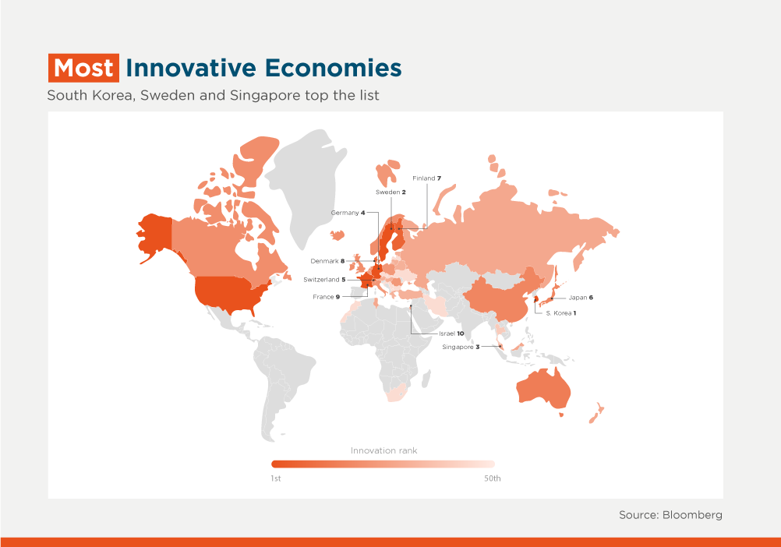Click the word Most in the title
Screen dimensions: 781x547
(x=83, y=68)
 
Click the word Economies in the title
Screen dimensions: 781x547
(x=333, y=68)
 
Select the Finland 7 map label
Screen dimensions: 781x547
(x=426, y=178)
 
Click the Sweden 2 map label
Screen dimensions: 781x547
(x=390, y=192)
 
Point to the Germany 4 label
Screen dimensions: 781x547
(x=348, y=213)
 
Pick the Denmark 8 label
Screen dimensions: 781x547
(x=327, y=261)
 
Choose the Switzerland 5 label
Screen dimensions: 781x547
(x=324, y=280)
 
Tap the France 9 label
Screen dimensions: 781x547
(x=327, y=297)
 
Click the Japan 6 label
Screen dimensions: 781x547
(x=581, y=298)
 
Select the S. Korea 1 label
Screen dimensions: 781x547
(x=561, y=313)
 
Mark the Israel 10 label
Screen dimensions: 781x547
(x=451, y=333)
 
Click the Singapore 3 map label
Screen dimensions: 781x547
(x=461, y=347)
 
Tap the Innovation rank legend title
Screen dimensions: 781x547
(x=384, y=450)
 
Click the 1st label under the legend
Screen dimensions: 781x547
(x=276, y=478)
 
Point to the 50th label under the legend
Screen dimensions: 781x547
(x=493, y=478)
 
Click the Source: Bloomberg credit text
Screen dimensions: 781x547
(x=670, y=515)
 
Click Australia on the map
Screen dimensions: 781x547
(x=543, y=388)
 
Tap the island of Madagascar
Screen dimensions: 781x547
(x=426, y=379)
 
